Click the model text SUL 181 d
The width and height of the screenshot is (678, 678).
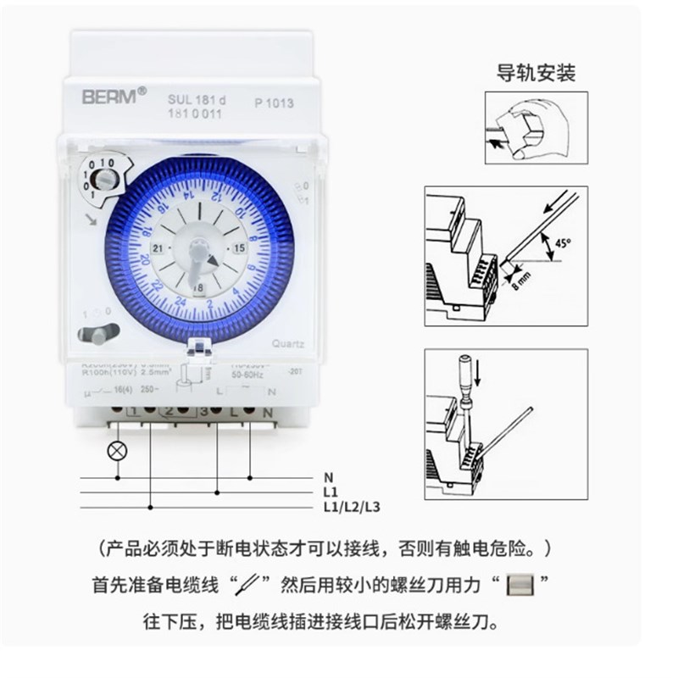pos(197,101)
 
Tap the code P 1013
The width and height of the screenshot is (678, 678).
pos(274,103)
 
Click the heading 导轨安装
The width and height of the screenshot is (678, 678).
pos(536,73)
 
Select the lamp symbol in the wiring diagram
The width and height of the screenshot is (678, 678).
pos(116,450)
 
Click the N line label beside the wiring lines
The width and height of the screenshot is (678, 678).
pos(328,478)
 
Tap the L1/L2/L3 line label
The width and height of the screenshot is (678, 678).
pos(350,507)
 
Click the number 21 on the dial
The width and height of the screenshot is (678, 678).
pos(158,247)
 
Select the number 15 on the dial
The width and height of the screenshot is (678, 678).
pos(239,247)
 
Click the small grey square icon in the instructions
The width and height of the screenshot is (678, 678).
pos(518,585)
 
